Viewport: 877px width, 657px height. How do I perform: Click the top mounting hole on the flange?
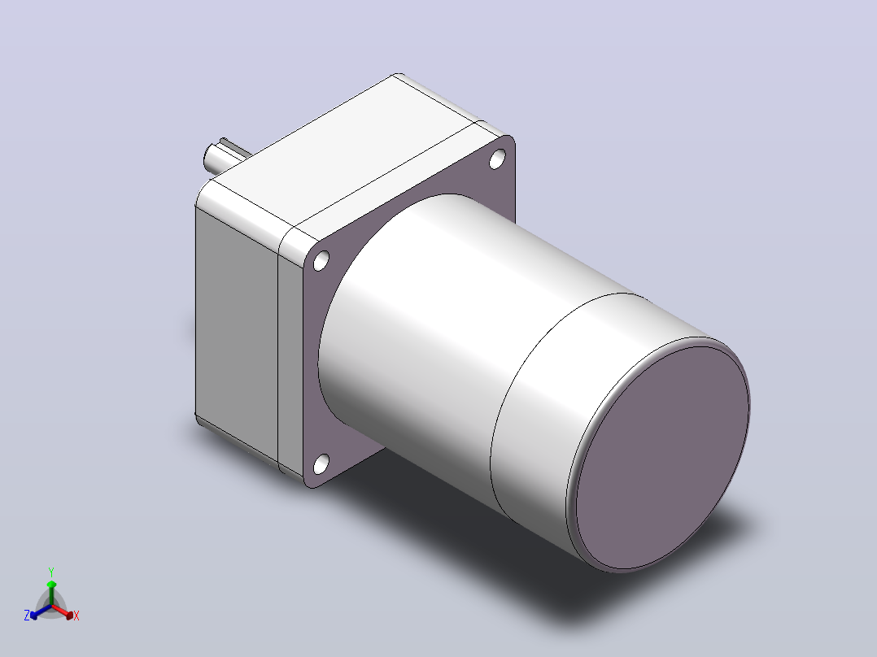[497, 159]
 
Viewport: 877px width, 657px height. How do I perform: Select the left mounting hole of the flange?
[321, 260]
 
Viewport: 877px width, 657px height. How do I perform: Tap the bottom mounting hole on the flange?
[321, 464]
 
